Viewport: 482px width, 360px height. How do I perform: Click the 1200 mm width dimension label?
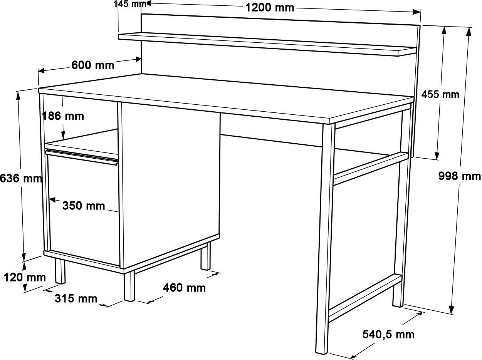pyautogui.click(x=269, y=8)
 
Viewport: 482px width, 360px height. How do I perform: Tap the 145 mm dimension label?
pyautogui.click(x=130, y=4)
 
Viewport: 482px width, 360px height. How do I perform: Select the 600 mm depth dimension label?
pyautogui.click(x=93, y=65)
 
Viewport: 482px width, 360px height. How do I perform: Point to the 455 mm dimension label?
pyautogui.click(x=440, y=95)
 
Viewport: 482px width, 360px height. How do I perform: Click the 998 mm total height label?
pyautogui.click(x=460, y=176)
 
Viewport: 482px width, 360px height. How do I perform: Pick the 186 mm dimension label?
pyautogui.click(x=63, y=116)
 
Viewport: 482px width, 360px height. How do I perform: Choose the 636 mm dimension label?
pyautogui.click(x=21, y=178)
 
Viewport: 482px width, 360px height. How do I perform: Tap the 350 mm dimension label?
pyautogui.click(x=84, y=206)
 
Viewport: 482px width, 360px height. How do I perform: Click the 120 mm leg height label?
pyautogui.click(x=25, y=278)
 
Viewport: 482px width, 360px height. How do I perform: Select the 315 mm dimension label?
pyautogui.click(x=76, y=298)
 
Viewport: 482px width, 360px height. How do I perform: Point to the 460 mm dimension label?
pyautogui.click(x=184, y=288)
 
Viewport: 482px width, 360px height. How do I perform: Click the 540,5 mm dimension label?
pyautogui.click(x=388, y=335)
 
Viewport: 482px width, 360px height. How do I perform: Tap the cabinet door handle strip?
pyautogui.click(x=82, y=157)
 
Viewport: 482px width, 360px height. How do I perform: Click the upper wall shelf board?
pyautogui.click(x=267, y=44)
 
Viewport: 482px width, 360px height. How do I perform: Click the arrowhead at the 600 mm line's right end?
pyautogui.click(x=138, y=59)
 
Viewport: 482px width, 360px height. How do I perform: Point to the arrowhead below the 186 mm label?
pyautogui.click(x=63, y=135)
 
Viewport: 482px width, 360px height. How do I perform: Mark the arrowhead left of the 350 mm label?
pyautogui.click(x=52, y=199)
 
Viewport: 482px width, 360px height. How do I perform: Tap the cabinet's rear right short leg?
pyautogui.click(x=205, y=256)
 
